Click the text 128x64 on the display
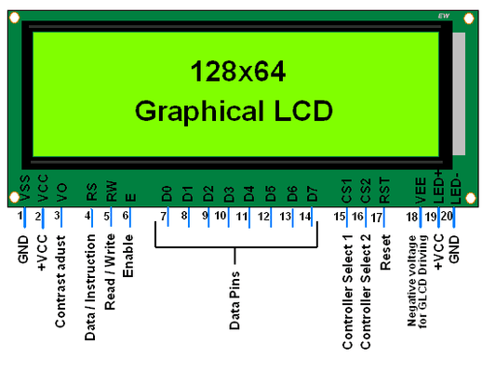(236, 71)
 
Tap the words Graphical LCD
(234, 111)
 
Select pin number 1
(20, 216)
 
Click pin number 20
(448, 216)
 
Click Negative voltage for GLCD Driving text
(418, 283)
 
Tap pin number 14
(304, 216)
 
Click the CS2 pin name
(365, 190)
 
